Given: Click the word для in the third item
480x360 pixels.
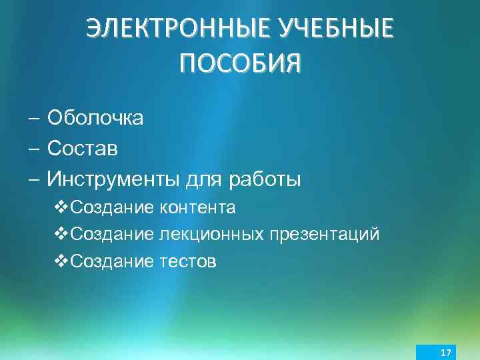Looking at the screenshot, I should (203, 179).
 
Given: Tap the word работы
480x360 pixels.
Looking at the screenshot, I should (265, 179).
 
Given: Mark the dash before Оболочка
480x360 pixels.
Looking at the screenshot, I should (33, 119).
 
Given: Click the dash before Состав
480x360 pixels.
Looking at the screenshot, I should (33, 149).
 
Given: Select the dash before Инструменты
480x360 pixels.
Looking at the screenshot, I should (33, 179).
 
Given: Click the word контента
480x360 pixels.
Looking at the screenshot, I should (197, 208).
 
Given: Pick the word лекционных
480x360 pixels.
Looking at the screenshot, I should (213, 235).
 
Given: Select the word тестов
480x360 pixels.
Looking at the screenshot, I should (188, 261).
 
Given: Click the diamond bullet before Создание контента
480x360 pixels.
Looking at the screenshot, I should (59, 208).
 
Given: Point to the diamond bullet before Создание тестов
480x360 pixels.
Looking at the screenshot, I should (59, 261).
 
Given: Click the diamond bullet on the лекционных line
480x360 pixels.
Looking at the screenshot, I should (59, 235).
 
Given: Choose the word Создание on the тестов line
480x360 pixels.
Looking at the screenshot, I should (112, 261).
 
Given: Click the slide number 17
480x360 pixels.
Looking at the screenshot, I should (445, 351).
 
